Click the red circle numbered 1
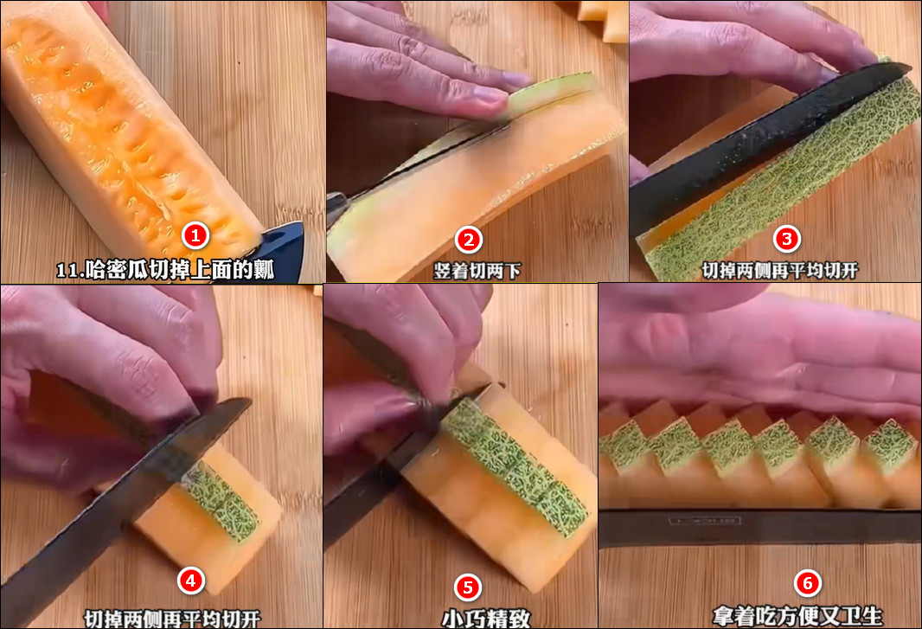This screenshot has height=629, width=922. (195, 236)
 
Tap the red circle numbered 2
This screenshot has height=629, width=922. (469, 240)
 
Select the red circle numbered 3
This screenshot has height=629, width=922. (787, 239)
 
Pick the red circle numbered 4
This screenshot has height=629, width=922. (190, 581)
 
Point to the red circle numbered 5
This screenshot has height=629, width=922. (468, 587)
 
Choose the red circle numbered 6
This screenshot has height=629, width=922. (807, 583)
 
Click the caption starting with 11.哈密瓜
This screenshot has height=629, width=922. (165, 270)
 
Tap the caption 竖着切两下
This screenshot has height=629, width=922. (477, 271)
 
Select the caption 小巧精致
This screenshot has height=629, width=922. (486, 619)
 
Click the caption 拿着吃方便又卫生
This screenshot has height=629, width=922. (797, 616)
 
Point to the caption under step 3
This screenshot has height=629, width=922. (780, 270)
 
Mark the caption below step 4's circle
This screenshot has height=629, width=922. (172, 619)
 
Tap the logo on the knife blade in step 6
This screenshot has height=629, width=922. (705, 521)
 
